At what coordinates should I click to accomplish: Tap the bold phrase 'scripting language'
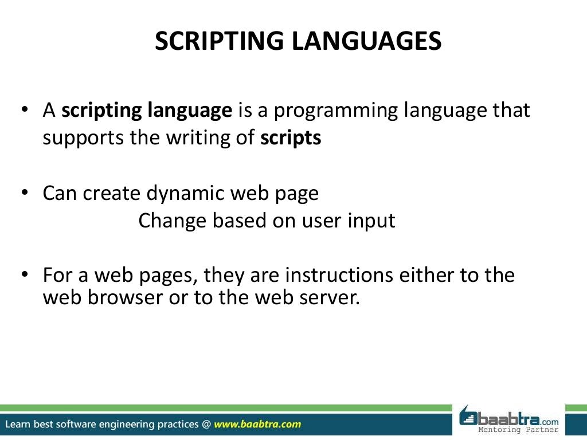147,111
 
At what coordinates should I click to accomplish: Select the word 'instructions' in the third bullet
339,275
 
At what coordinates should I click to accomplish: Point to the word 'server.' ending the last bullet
327,298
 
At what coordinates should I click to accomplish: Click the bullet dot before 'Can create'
25,193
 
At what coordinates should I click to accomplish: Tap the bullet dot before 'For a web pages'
25,275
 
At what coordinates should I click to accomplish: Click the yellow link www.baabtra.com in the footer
257,425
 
